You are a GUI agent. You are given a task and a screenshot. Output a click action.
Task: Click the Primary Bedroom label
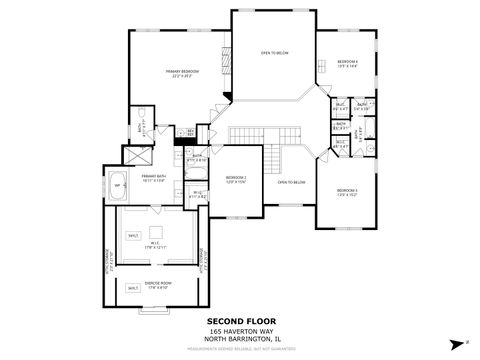click(x=182, y=73)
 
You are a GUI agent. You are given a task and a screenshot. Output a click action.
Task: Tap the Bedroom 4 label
click(x=348, y=63)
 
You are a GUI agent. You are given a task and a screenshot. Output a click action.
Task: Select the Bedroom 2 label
click(x=236, y=179)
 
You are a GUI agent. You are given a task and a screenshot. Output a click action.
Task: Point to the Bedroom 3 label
click(x=347, y=191)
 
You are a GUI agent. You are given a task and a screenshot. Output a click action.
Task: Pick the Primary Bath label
click(x=153, y=178)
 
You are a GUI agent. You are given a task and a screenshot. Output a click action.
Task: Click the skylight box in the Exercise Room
click(x=133, y=289)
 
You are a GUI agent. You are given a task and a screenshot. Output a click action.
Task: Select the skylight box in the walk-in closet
click(x=133, y=235)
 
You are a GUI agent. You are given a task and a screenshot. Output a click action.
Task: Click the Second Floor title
click(x=239, y=322)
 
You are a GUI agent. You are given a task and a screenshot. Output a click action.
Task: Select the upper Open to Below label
click(x=275, y=52)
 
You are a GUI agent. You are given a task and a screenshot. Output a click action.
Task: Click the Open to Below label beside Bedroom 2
click(x=291, y=183)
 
